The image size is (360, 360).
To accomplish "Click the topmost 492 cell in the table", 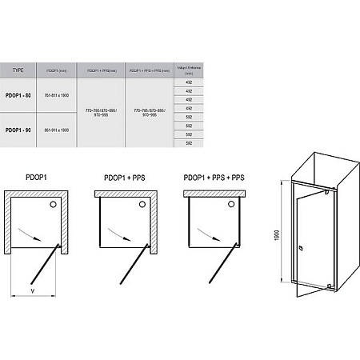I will [190, 82].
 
